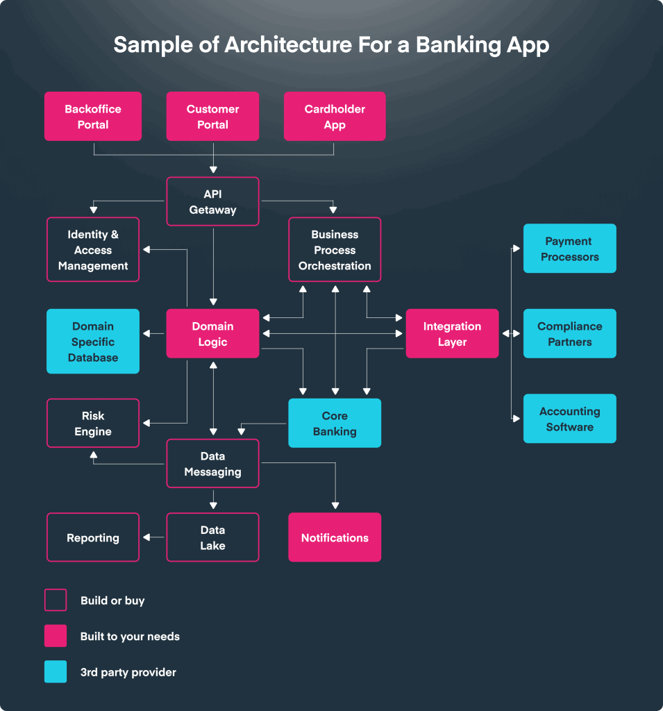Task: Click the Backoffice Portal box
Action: click(93, 117)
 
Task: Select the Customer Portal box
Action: click(212, 117)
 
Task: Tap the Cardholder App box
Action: click(335, 117)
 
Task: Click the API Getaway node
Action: click(212, 201)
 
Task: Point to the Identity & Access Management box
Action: click(93, 250)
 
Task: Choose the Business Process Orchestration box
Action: click(335, 250)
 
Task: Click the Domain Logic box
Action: click(212, 334)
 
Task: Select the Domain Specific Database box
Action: click(93, 342)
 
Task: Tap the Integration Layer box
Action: click(452, 334)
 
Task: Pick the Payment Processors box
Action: click(569, 249)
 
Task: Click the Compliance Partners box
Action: click(569, 334)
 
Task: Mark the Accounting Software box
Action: click(569, 419)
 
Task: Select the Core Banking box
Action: click(335, 423)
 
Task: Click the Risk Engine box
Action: click(93, 423)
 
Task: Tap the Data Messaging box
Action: click(212, 463)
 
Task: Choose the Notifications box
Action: click(335, 537)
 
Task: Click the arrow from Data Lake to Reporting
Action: click(153, 537)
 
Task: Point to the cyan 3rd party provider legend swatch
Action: click(56, 671)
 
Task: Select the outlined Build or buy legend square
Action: click(56, 600)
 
